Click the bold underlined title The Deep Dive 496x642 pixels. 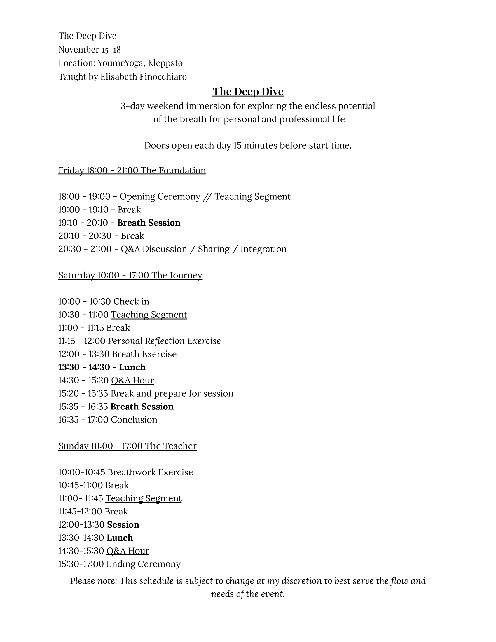tap(248, 92)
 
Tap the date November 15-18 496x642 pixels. tap(89, 49)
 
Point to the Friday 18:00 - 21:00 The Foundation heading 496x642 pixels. tap(132, 170)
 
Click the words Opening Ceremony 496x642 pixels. tap(160, 196)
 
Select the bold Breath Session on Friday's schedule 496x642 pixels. tap(149, 223)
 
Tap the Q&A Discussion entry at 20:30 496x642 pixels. tap(154, 249)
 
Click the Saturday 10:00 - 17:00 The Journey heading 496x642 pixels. tap(130, 275)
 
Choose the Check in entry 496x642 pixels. tap(131, 302)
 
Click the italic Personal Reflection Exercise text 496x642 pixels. tap(164, 341)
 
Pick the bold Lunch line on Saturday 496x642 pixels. tap(102, 367)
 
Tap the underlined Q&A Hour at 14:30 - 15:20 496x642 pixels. tap(132, 380)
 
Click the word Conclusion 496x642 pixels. tap(134, 420)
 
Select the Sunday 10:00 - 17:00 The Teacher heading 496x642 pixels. tap(128, 446)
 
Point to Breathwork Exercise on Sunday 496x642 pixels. tap(150, 472)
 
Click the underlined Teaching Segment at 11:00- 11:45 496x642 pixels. tap(143, 498)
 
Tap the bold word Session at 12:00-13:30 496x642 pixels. tap(123, 525)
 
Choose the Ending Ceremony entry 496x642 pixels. tap(143, 564)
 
